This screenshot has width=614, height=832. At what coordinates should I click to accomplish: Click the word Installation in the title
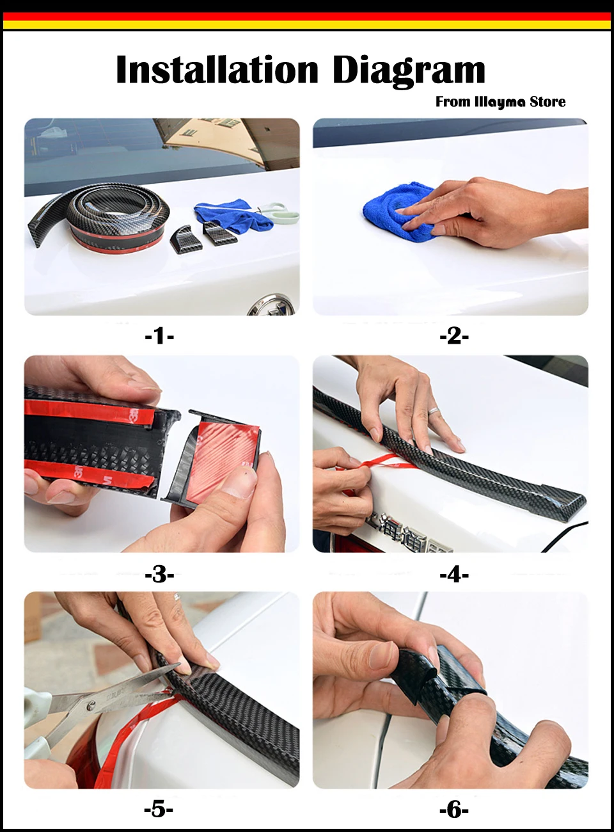click(217, 70)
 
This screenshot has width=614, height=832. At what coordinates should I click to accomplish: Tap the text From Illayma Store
click(500, 102)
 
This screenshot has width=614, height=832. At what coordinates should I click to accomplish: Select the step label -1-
click(159, 336)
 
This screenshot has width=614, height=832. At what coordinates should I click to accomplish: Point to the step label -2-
click(454, 336)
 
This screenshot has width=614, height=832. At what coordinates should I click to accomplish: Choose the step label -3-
click(159, 574)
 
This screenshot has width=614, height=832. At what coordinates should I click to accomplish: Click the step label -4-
click(454, 574)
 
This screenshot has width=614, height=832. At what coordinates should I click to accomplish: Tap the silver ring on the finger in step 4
click(434, 410)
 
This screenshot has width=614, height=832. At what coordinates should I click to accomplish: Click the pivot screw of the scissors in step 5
click(91, 707)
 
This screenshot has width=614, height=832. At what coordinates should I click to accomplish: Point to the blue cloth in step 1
click(234, 217)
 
